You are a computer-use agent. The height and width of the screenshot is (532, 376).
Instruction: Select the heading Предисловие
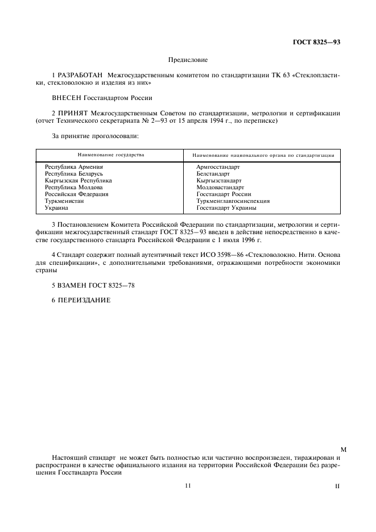pos(188,60)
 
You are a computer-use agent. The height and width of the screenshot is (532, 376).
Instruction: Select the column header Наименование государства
pos(111,155)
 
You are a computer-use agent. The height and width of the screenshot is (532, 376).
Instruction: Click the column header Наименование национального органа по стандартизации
pos(263,155)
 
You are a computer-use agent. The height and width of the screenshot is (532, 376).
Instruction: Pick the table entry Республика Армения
pos(74,167)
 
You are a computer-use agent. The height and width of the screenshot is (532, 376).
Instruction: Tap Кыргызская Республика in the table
pos(78,180)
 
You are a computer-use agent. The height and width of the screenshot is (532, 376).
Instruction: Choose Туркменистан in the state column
pos(64,201)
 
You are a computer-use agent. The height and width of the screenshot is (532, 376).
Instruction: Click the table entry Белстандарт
pos(213,173)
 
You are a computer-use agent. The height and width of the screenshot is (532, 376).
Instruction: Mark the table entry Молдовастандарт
pos(220,187)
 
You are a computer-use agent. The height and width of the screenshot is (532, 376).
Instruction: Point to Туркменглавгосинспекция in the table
pos(233,201)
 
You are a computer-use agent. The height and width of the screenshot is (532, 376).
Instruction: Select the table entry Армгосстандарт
pos(218,167)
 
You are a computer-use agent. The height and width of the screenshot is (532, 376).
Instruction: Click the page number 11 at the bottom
pos(188,485)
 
